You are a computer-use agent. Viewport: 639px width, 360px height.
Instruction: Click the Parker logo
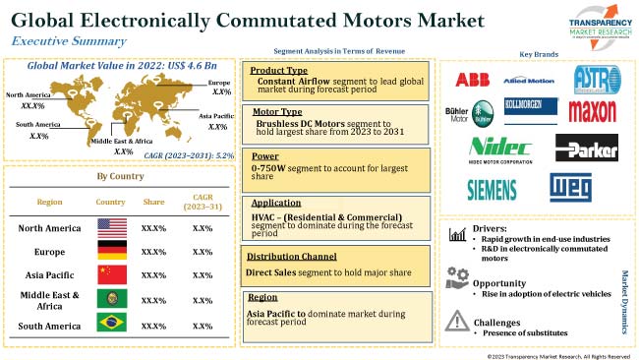point(586,148)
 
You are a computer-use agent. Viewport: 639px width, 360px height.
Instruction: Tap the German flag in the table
point(112,252)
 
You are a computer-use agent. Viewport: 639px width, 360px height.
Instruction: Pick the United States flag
point(112,228)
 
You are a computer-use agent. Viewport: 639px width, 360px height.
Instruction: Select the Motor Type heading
point(276,113)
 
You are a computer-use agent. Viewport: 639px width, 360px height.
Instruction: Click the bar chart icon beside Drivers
point(456,234)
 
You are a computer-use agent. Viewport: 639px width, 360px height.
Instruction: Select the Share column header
point(154,202)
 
